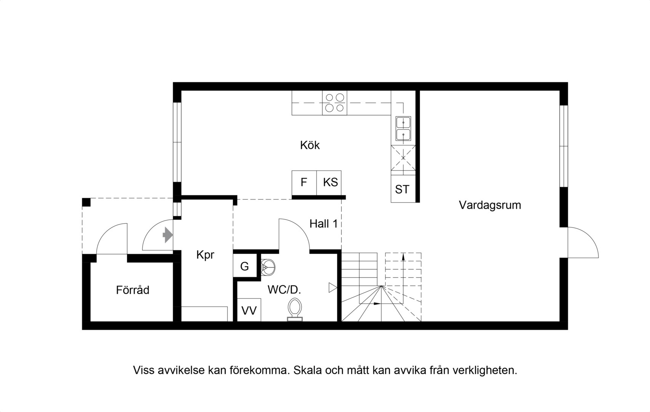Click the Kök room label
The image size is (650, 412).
click(x=310, y=145)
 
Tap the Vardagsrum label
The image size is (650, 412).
click(x=490, y=205)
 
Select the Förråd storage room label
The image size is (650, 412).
click(x=133, y=290)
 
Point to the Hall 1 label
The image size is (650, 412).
click(x=323, y=224)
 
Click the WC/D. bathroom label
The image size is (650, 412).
click(x=284, y=290)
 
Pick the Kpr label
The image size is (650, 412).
click(x=205, y=255)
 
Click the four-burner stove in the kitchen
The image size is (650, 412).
click(x=335, y=103)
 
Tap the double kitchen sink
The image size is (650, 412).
click(x=403, y=129)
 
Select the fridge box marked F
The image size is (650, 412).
click(x=304, y=183)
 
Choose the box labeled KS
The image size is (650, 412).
click(x=329, y=183)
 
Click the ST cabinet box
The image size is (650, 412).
click(x=403, y=188)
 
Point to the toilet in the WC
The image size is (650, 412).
click(x=295, y=310)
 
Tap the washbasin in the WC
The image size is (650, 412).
click(x=267, y=267)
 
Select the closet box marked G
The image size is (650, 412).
click(x=245, y=266)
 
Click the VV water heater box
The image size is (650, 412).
click(x=249, y=310)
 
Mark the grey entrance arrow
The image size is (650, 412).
click(x=168, y=235)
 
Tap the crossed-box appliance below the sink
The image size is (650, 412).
click(x=403, y=158)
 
